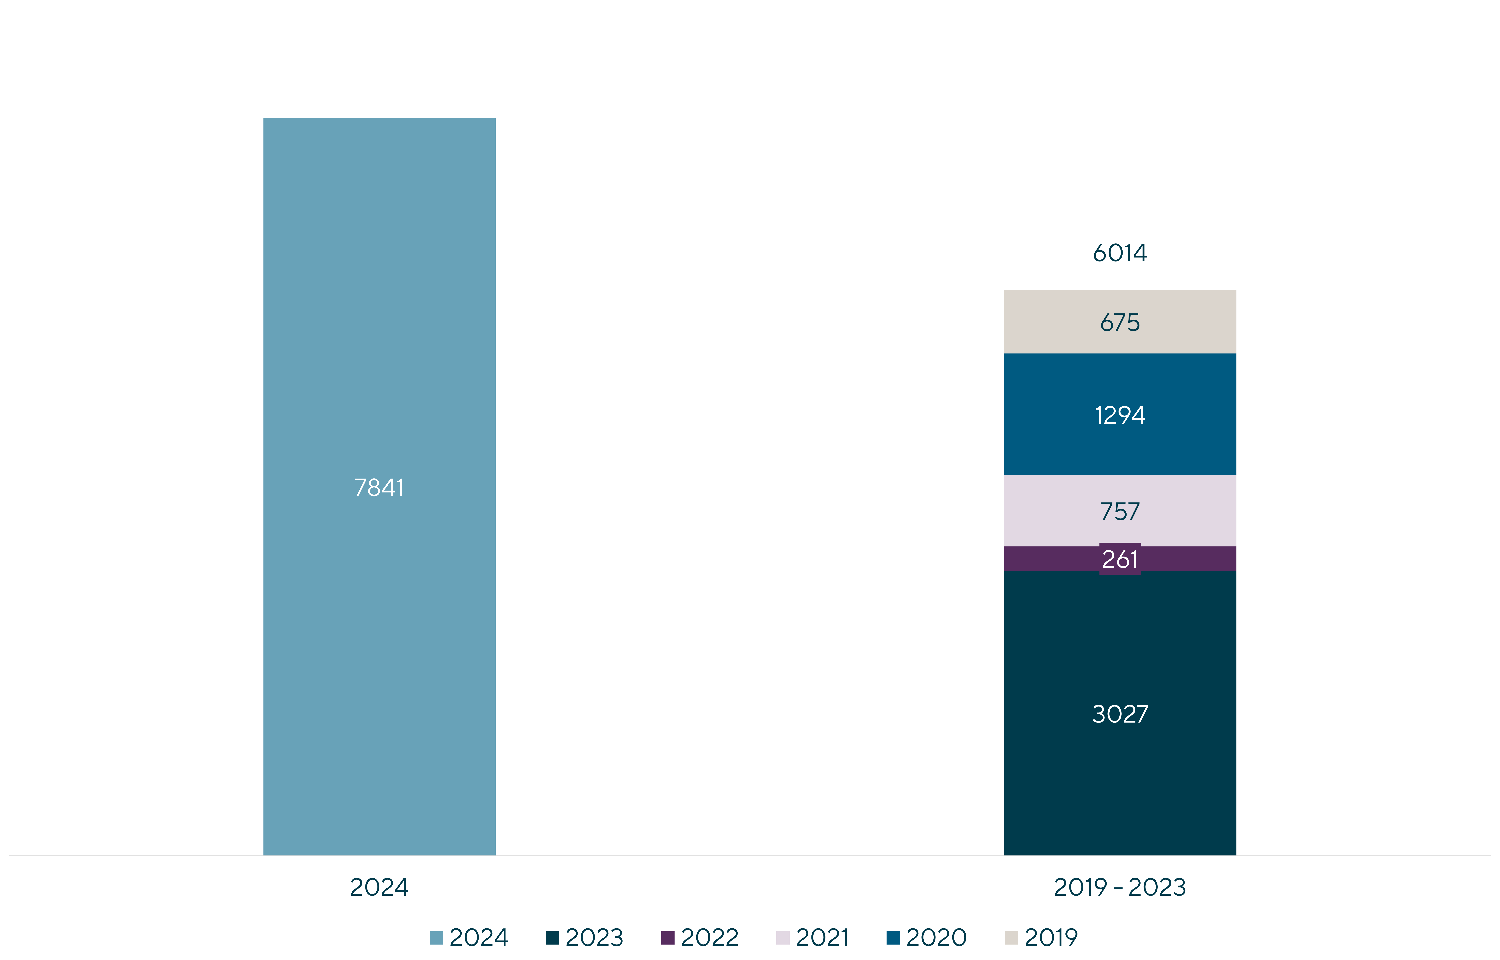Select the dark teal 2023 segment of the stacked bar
click(x=1120, y=713)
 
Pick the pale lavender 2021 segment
click(x=1120, y=511)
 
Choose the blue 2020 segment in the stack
click(x=1120, y=414)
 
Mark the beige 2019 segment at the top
click(x=1120, y=322)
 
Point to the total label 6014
click(x=1120, y=253)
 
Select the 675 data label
click(x=1120, y=322)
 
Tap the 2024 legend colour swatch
click(x=436, y=938)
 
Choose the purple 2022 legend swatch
click(x=667, y=938)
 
